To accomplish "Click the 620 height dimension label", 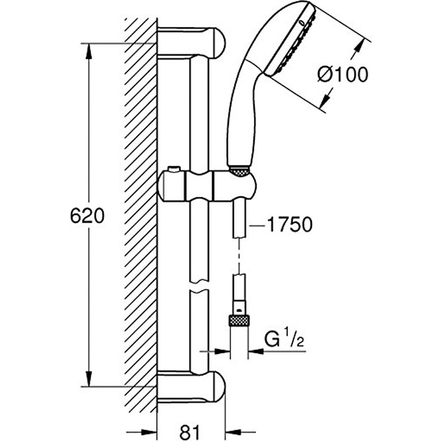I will pos(87,216).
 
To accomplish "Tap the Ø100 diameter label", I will pos(342,74).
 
